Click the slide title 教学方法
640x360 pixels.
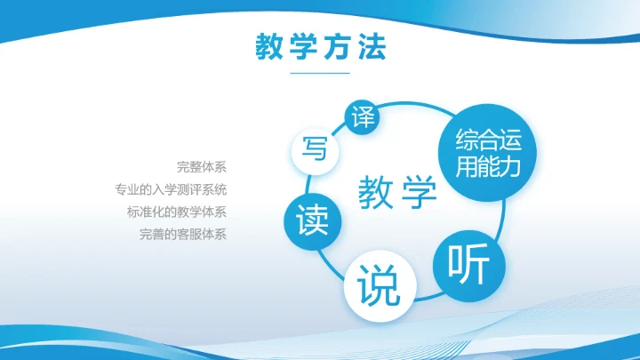tap(320, 47)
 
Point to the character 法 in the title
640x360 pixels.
tap(372, 47)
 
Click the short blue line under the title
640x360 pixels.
tap(320, 73)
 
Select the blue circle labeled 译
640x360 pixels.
tap(362, 117)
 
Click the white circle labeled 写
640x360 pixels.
tap(314, 148)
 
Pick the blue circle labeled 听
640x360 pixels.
tap(468, 264)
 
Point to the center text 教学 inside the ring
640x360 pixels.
tap(398, 192)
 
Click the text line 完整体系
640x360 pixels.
tap(202, 166)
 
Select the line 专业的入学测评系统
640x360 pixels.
tap(171, 189)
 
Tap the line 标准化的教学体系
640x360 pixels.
tap(177, 212)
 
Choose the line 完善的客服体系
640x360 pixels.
tap(183, 236)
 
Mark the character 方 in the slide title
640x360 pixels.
tap(338, 47)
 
